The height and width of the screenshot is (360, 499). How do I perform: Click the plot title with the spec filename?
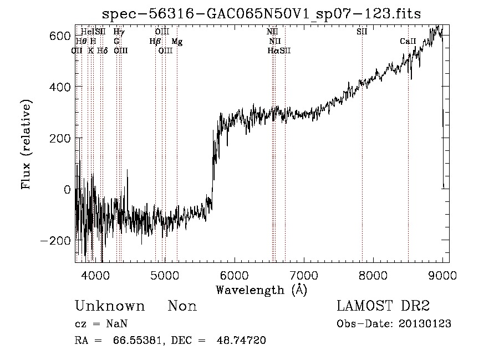tap(262, 14)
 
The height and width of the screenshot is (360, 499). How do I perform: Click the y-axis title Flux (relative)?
tap(26, 144)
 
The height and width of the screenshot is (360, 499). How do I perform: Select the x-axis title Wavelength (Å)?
tap(261, 290)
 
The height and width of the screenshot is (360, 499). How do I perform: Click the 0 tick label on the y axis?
tap(67, 189)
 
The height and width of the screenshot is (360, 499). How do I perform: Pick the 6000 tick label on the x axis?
tap(235, 274)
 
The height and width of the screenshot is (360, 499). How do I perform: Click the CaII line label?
tap(408, 41)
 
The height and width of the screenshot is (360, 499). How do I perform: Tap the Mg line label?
tap(176, 41)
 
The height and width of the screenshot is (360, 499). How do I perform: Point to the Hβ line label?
tap(155, 41)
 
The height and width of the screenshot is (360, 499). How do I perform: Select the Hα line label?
tap(273, 50)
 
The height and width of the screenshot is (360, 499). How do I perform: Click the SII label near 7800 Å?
tap(361, 32)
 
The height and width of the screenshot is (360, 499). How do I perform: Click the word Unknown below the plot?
tap(110, 306)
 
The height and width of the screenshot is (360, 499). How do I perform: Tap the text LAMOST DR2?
tap(383, 306)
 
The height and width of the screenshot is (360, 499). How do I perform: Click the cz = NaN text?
tap(96, 324)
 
